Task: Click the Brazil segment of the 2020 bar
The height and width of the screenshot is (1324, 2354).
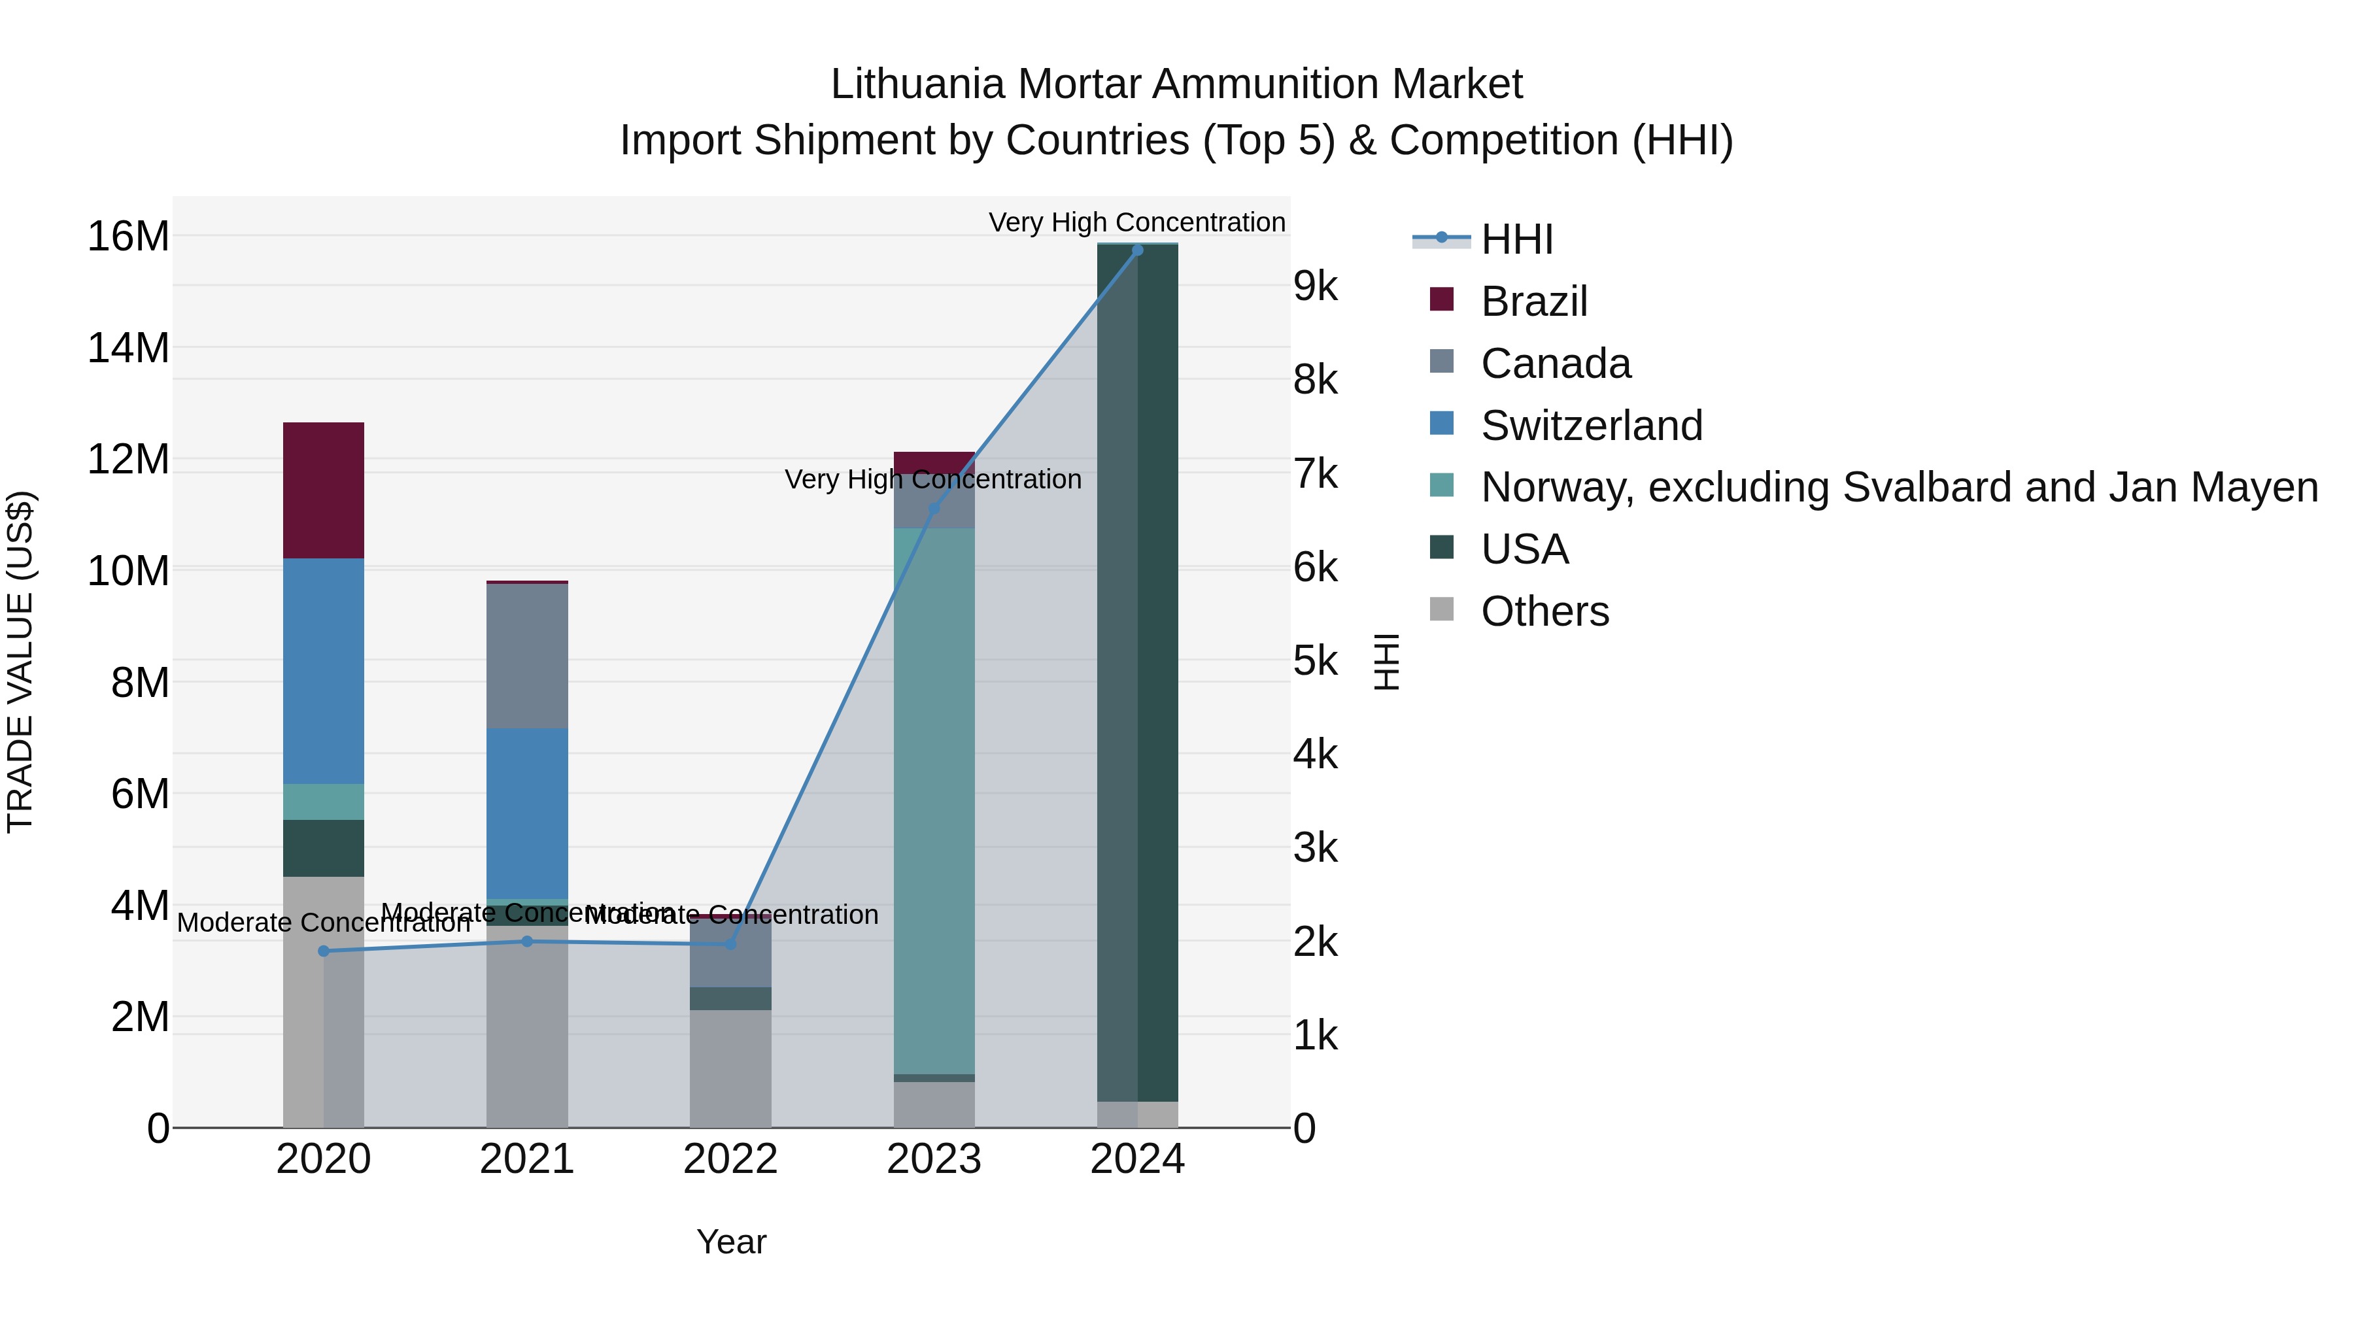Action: click(324, 490)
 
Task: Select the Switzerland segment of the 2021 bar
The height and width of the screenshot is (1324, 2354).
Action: click(527, 813)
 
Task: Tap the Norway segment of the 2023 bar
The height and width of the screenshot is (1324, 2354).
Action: click(934, 800)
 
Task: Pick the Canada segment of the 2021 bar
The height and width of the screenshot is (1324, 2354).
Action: click(527, 655)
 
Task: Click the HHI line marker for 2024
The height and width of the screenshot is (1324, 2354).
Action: click(1137, 250)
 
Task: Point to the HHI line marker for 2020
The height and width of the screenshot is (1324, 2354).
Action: click(324, 951)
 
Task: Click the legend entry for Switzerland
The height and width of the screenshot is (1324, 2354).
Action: click(1591, 426)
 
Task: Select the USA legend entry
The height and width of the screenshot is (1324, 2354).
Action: click(1524, 549)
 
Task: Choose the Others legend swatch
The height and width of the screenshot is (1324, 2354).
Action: click(1441, 609)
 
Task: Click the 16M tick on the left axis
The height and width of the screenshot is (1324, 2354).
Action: click(128, 237)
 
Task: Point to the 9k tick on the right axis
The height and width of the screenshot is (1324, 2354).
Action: click(1315, 287)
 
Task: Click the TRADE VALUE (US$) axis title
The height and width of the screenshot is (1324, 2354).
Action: click(20, 662)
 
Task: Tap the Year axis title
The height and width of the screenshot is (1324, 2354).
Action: click(731, 1242)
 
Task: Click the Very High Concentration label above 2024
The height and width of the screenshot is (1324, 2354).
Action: click(1137, 222)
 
